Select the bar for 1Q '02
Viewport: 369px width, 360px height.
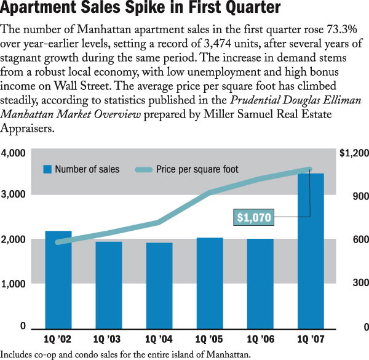58,280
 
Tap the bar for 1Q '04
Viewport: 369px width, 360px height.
159,286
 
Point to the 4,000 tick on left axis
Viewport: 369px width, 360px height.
14,153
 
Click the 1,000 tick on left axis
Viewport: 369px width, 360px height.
14,284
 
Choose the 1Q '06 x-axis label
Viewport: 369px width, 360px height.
260,339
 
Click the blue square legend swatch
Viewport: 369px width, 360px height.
47,169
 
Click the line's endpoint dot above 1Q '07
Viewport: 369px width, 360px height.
310,169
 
